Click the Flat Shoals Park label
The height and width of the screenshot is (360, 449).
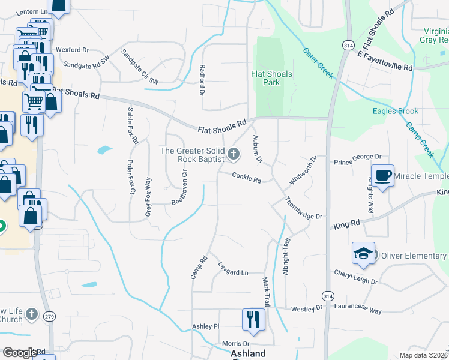(271, 79)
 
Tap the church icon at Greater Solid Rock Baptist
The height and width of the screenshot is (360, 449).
(233, 155)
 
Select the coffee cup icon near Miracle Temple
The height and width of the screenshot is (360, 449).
(382, 175)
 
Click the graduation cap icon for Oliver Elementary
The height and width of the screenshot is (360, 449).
(363, 254)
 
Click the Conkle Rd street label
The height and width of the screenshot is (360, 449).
(247, 178)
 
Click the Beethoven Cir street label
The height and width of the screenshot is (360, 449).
(180, 187)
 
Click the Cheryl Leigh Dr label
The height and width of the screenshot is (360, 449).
(355, 277)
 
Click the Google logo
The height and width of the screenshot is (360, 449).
(20, 353)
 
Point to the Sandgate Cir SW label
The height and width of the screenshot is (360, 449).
(140, 67)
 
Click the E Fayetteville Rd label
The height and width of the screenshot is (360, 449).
(385, 60)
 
